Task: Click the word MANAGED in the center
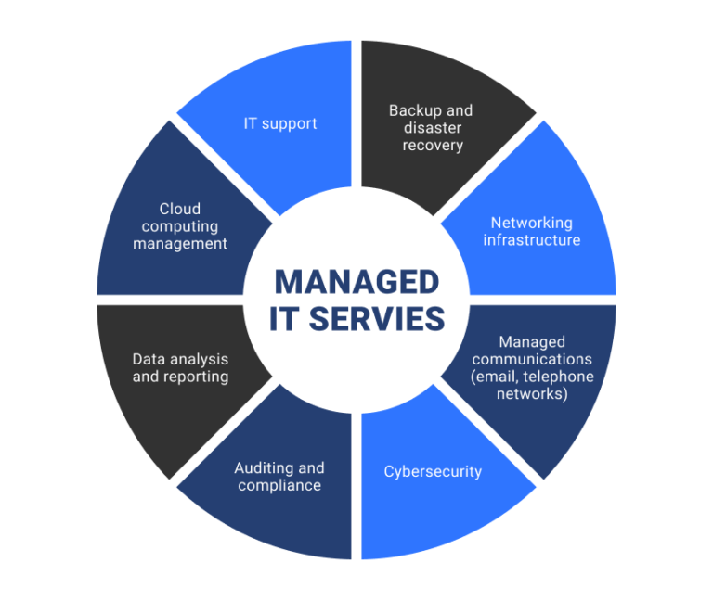[356, 282]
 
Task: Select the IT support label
[280, 123]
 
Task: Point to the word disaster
[433, 128]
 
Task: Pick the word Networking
[531, 223]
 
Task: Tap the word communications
[531, 359]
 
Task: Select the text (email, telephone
[531, 377]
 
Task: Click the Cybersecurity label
[433, 471]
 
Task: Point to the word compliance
[279, 485]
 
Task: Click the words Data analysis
[180, 359]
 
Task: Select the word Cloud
[179, 209]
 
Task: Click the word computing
[179, 226]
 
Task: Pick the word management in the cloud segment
[179, 244]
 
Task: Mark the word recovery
[433, 146]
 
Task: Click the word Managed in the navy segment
[531, 341]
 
